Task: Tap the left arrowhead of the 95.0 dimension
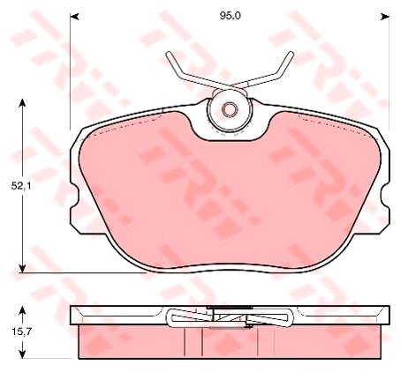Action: (73, 16)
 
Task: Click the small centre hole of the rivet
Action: (230, 110)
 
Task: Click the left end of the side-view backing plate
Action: (73, 315)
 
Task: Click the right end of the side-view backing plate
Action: (387, 315)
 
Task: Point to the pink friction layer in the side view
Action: (132, 342)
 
